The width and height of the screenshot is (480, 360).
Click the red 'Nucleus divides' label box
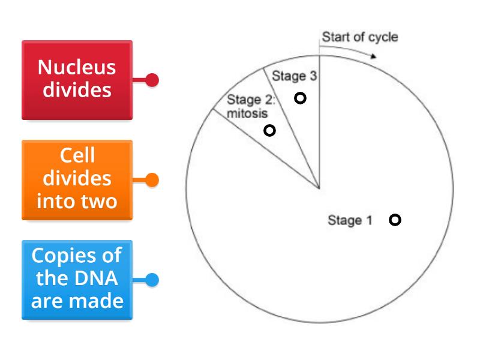77,80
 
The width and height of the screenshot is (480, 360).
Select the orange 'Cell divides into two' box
77,179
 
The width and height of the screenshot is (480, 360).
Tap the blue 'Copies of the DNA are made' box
77,280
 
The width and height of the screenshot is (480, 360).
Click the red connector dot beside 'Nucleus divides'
152,80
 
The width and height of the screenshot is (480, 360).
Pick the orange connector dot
152,179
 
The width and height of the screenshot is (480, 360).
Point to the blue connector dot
152,280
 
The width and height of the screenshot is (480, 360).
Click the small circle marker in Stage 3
300,98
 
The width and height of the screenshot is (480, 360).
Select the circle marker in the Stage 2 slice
270,130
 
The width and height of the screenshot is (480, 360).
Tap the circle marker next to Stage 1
395,220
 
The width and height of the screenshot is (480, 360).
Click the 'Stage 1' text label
350,220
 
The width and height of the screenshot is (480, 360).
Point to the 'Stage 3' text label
295,76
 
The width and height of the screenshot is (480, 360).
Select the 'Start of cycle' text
359,37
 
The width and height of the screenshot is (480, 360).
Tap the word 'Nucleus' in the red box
77,67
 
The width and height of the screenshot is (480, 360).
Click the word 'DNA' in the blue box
89,278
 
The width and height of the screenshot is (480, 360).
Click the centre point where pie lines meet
319,188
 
